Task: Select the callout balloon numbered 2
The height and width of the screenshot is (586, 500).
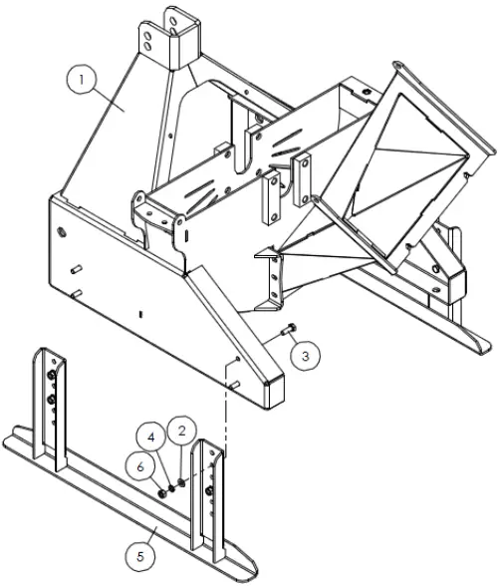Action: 180,431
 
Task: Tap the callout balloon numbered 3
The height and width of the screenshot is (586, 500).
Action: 307,353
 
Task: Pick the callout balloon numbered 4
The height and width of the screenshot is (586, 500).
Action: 148,437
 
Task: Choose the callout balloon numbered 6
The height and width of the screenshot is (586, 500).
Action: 140,465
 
